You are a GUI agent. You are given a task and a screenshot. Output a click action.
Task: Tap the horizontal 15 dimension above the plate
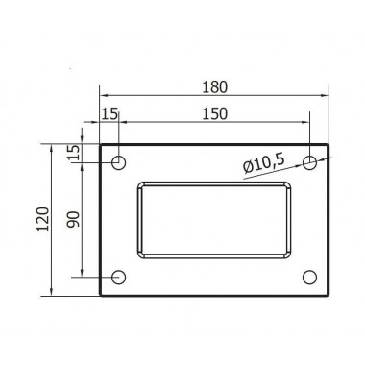[x=109, y=114]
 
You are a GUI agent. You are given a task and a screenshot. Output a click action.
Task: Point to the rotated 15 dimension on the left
[x=73, y=154]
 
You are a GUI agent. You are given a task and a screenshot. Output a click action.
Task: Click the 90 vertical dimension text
[x=73, y=220]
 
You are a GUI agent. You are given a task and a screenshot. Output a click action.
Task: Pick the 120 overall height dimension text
[x=39, y=221]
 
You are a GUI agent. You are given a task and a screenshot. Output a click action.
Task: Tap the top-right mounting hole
[x=309, y=162]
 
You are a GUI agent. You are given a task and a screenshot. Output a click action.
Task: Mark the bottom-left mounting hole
[x=118, y=278]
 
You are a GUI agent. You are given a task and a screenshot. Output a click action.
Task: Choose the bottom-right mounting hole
[x=309, y=278]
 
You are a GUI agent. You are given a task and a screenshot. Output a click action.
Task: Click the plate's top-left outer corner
[x=100, y=144]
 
